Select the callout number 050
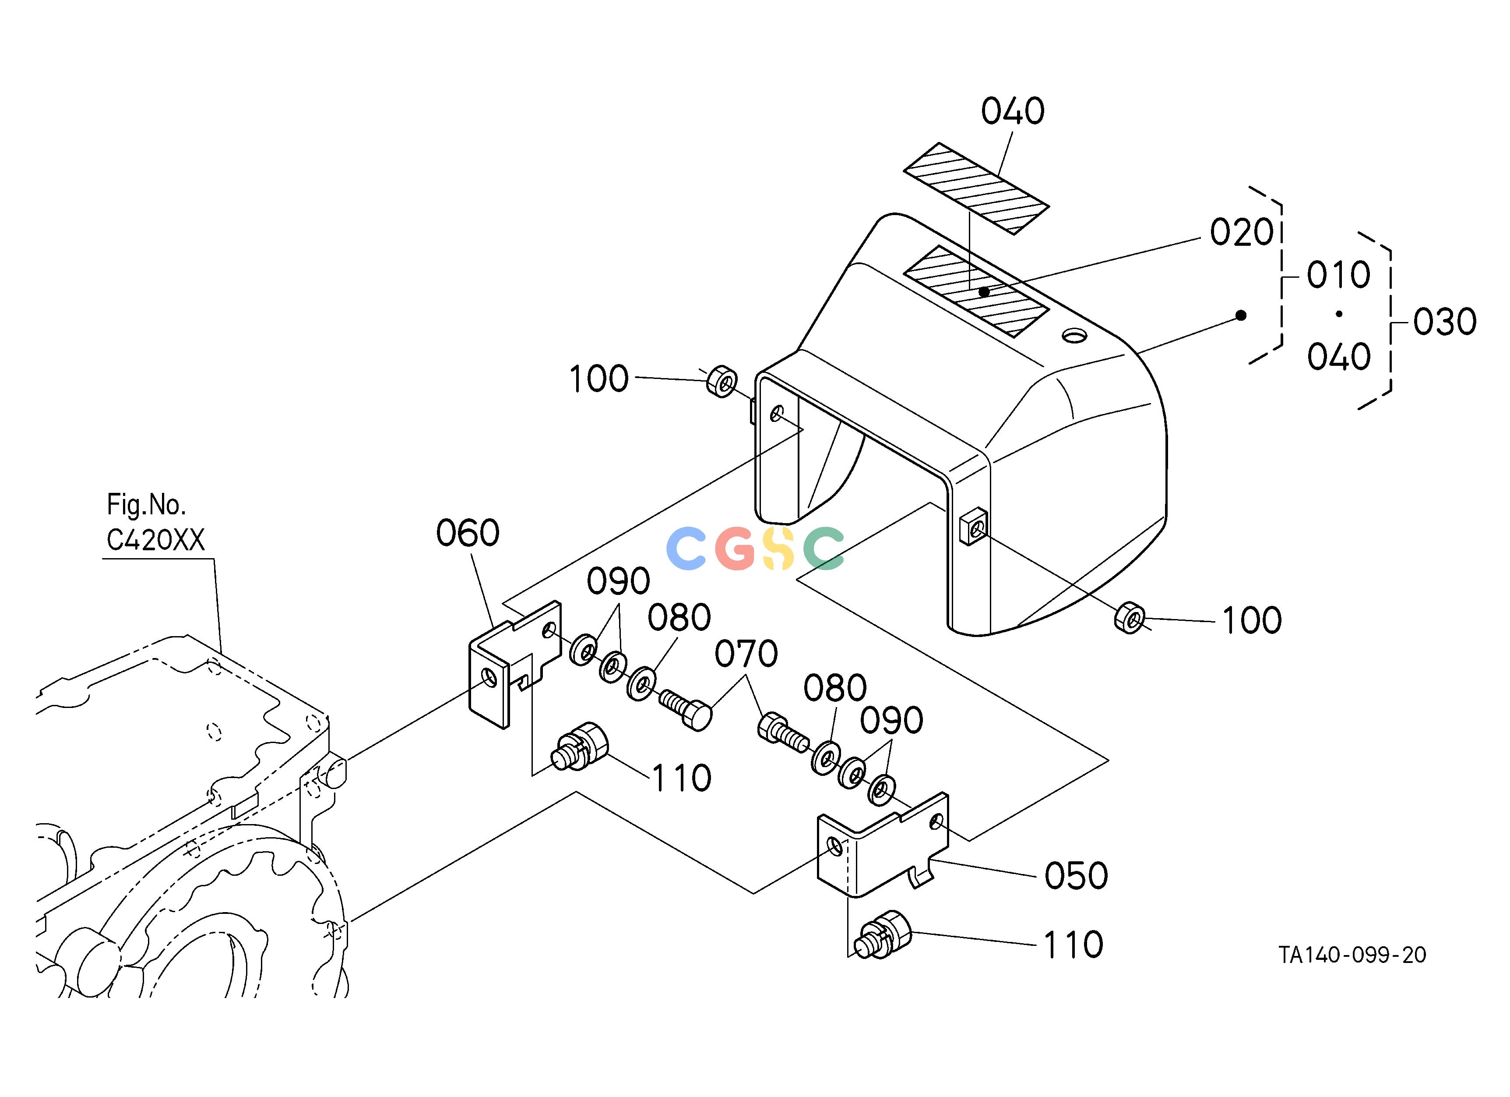1076,875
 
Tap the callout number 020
1242,233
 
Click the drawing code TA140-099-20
1352,955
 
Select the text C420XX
156,539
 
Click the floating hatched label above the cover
976,188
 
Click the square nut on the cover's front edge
973,526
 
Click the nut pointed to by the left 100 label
722,381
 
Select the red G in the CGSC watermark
735,548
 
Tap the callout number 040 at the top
1013,111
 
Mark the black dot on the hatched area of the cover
984,292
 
